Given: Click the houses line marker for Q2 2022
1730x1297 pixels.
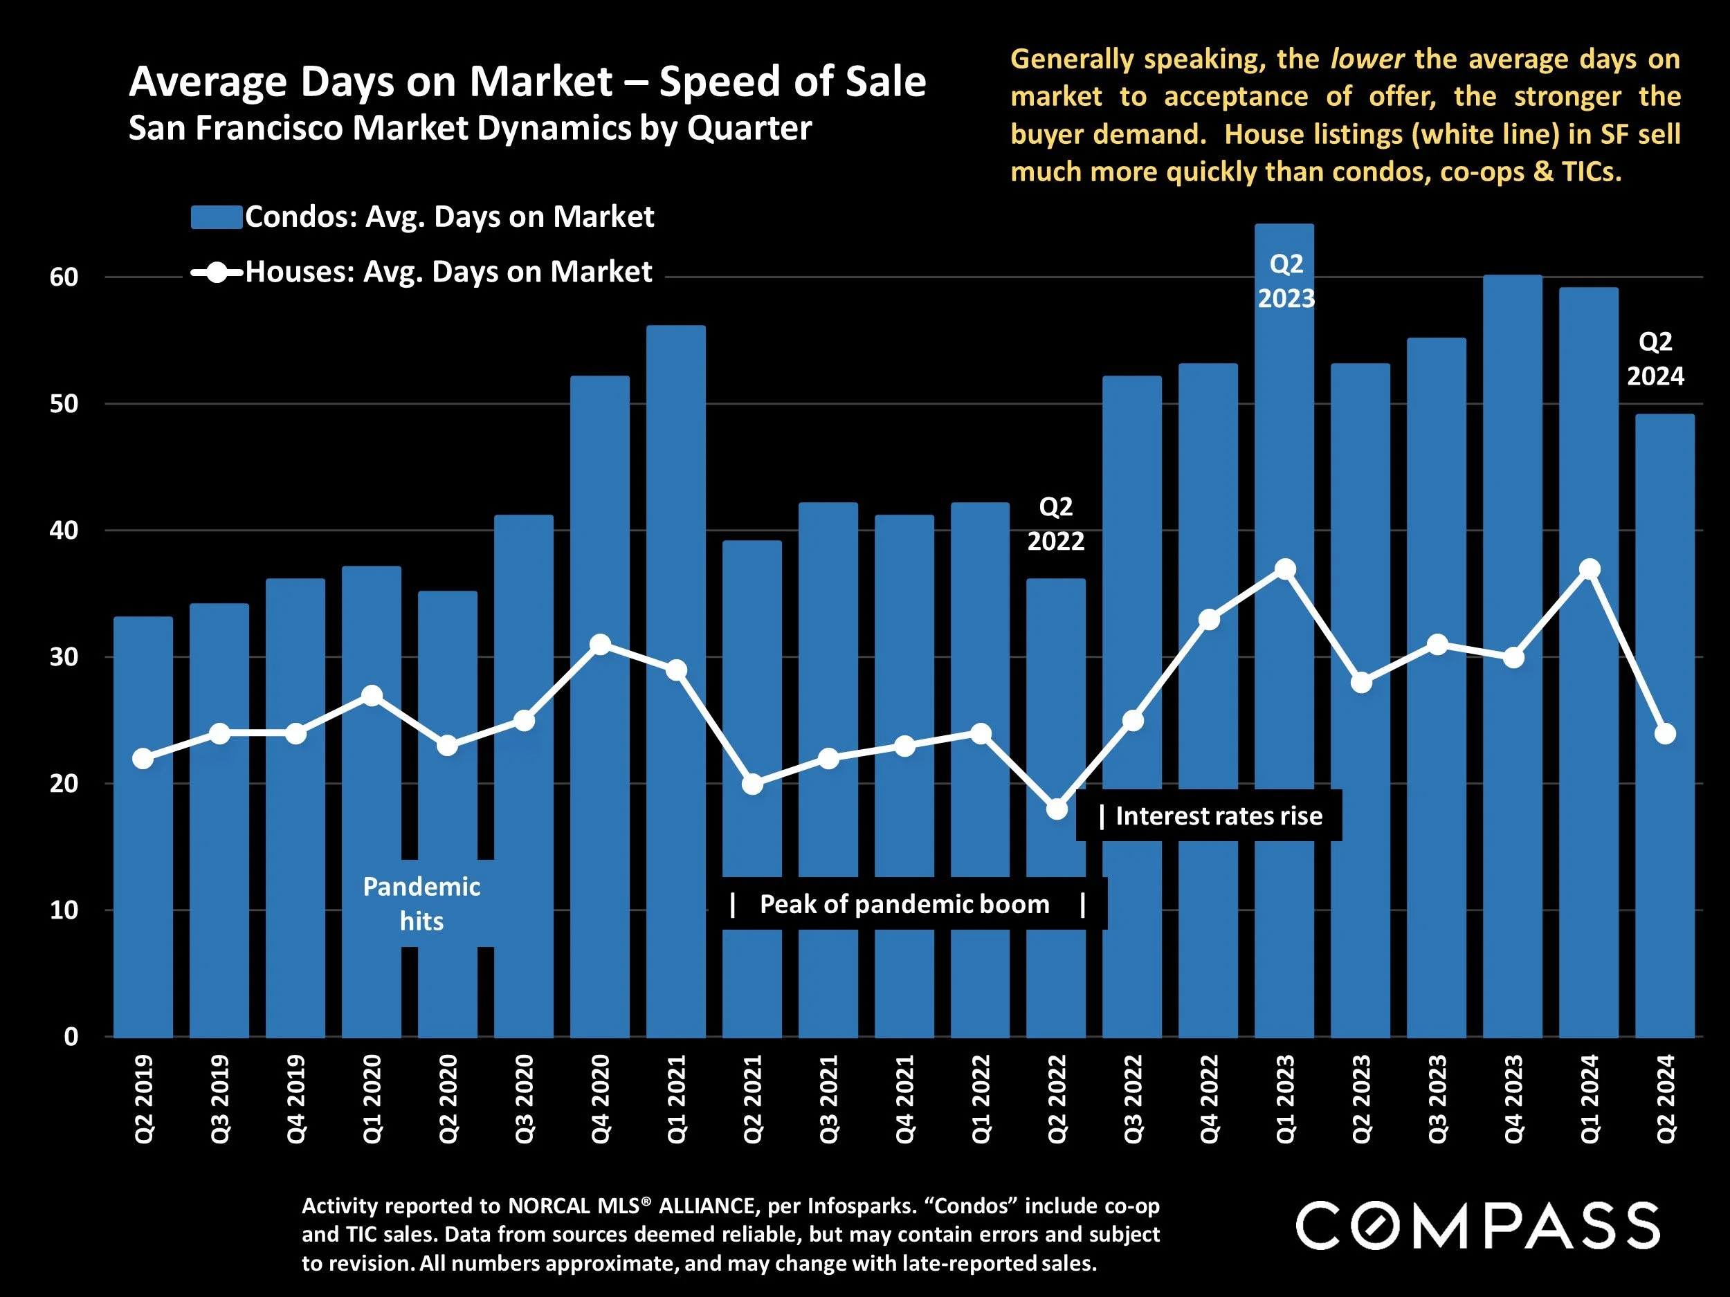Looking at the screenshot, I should tap(1057, 809).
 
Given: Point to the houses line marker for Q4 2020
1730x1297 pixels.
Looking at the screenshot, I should tap(600, 645).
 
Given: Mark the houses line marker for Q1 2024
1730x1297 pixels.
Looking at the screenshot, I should tap(1588, 569).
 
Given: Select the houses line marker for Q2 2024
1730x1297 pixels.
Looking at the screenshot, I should tap(1665, 733).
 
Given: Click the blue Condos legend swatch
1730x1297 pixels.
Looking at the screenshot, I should tap(216, 217).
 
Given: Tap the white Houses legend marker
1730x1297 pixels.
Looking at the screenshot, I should tap(217, 273).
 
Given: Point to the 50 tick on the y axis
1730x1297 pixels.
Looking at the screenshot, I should tap(64, 404).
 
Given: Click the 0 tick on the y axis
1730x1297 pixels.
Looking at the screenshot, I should tap(71, 1037).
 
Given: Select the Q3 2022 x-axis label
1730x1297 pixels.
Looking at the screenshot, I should tap(1133, 1098).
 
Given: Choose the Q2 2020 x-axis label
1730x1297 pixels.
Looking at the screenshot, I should tap(447, 1098).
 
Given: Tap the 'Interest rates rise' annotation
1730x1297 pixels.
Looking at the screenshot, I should tap(1218, 816).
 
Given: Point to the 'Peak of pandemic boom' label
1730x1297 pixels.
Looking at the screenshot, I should tap(904, 905).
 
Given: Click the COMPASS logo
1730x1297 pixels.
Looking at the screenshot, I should tap(1477, 1226).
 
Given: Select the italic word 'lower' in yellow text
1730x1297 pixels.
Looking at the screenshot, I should tap(1367, 59).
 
